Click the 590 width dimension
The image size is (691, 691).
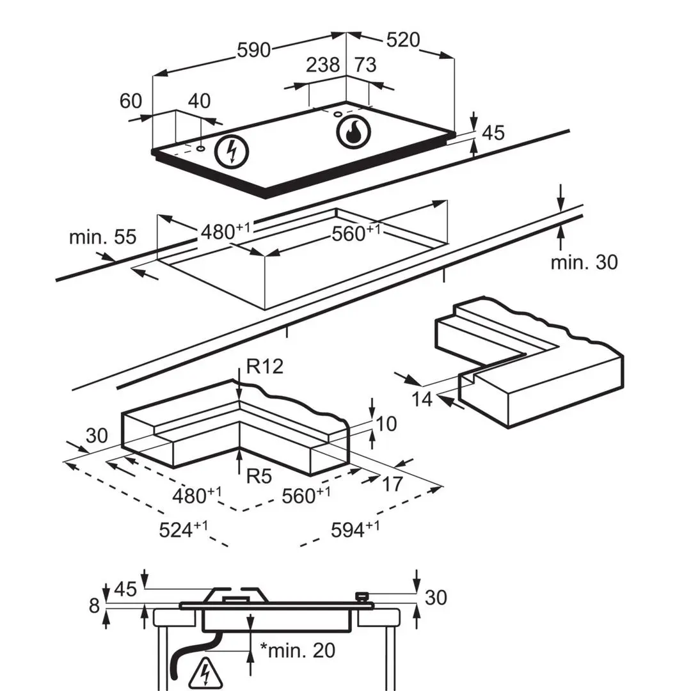point(253,50)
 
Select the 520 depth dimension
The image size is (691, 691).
point(403,40)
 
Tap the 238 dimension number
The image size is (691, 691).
point(323,65)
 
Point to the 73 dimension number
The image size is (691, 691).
point(365,65)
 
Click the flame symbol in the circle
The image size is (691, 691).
point(353,132)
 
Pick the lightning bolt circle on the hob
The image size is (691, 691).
point(232,151)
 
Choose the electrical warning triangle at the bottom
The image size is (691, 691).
point(205,674)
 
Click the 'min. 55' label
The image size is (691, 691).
point(102,237)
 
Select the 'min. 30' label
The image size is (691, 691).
point(584,262)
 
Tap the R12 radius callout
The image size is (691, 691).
point(264,366)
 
